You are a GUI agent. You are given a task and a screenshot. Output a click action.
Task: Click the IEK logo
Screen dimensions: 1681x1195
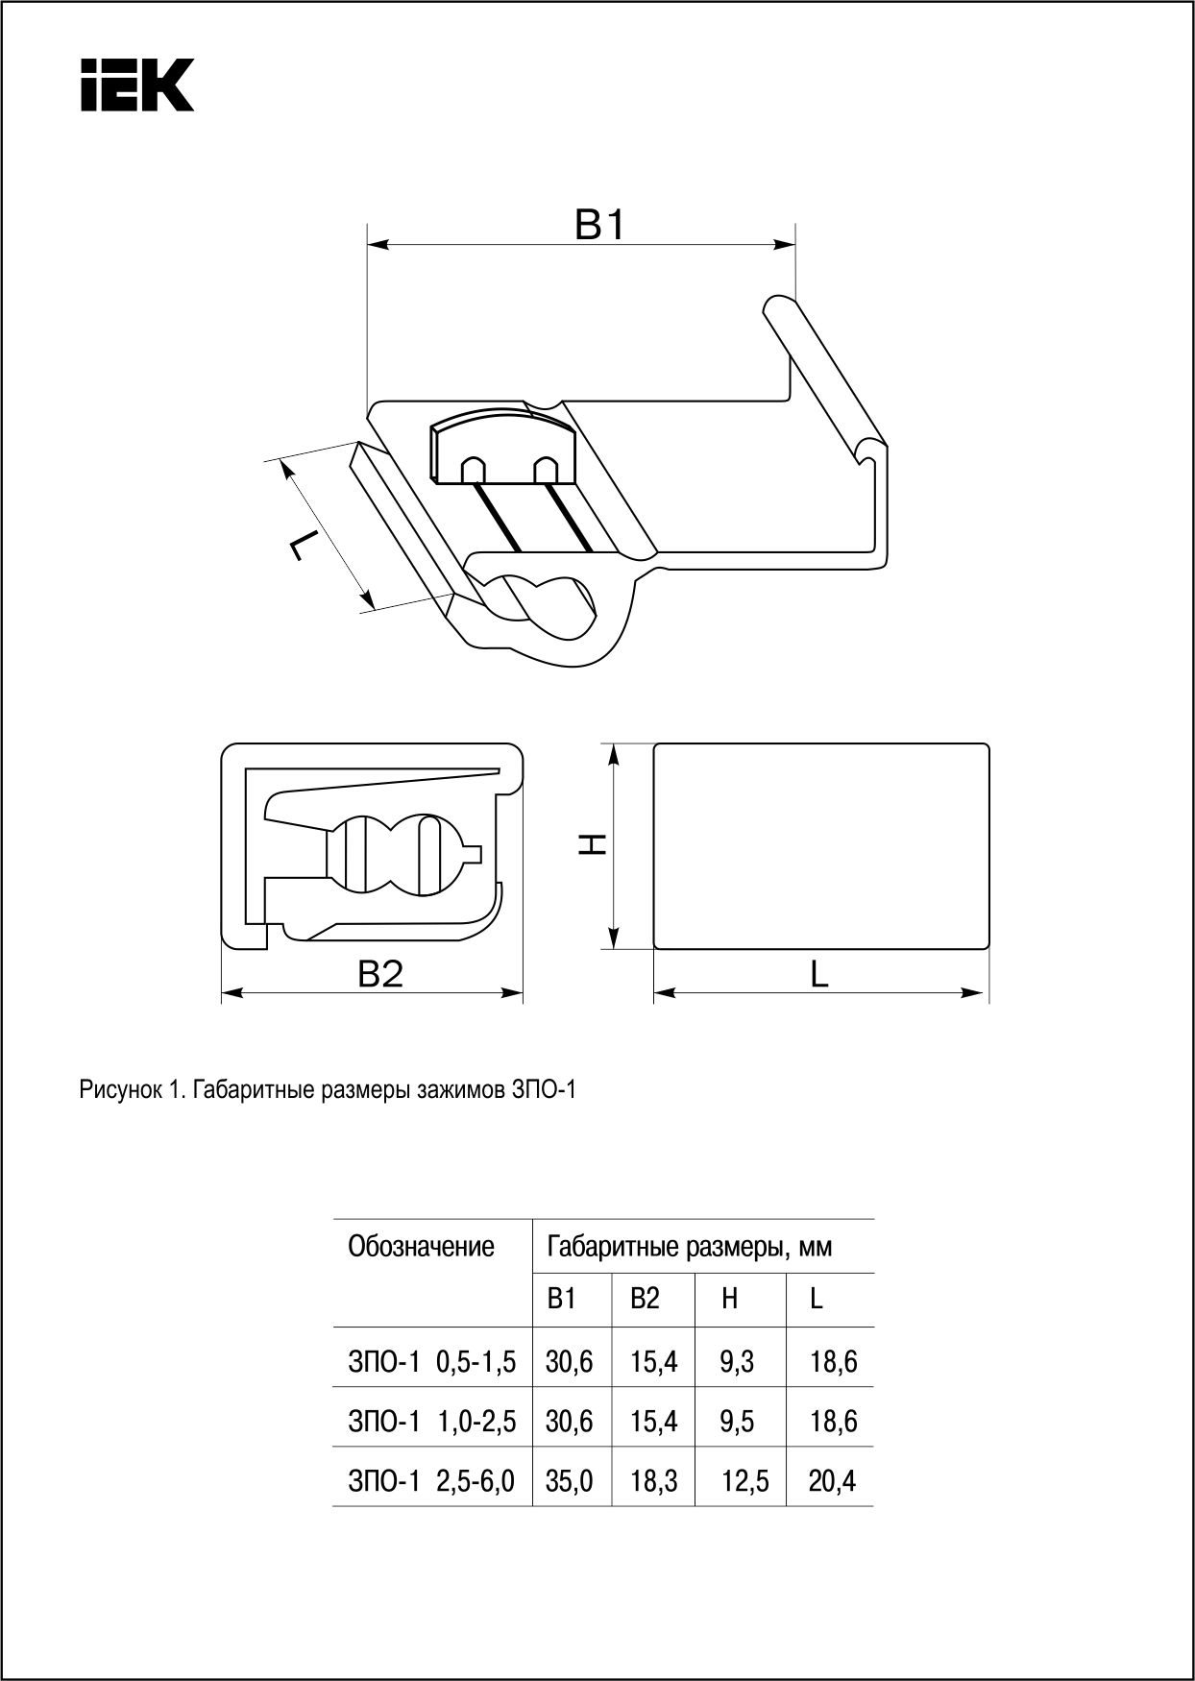pyautogui.click(x=137, y=85)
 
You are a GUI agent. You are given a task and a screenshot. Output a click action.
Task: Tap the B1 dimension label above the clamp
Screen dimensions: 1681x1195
pyautogui.click(x=600, y=226)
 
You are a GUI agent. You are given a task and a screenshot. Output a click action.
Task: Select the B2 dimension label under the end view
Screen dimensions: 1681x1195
pyautogui.click(x=380, y=974)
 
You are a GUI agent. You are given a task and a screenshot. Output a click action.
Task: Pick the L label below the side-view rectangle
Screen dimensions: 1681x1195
pyautogui.click(x=818, y=974)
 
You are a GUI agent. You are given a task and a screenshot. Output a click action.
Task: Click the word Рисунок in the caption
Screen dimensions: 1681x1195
pyautogui.click(x=119, y=1090)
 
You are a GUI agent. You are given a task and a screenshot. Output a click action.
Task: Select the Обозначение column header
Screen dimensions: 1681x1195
pyautogui.click(x=421, y=1247)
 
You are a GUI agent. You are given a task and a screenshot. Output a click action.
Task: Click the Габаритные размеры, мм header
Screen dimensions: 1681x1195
pyautogui.click(x=689, y=1247)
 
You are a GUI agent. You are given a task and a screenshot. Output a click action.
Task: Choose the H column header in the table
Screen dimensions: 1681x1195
pyautogui.click(x=730, y=1299)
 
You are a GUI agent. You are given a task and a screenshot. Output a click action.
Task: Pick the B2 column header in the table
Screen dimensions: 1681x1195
pyautogui.click(x=646, y=1299)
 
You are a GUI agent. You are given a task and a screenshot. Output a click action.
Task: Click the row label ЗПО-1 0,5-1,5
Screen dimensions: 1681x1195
pyautogui.click(x=431, y=1361)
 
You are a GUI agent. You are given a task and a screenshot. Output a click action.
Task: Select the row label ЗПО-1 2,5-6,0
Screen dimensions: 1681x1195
pyautogui.click(x=431, y=1481)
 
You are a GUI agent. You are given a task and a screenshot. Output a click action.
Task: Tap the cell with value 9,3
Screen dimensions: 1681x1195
pyautogui.click(x=737, y=1361)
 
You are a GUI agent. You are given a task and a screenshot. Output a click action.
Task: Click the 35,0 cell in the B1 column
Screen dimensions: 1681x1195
pyautogui.click(x=570, y=1481)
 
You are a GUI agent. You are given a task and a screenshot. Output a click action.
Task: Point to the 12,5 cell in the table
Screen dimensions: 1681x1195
pyautogui.click(x=745, y=1481)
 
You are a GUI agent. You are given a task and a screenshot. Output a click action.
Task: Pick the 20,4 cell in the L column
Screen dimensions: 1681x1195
pyautogui.click(x=832, y=1481)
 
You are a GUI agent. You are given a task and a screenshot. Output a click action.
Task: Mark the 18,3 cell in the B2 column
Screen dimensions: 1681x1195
pyautogui.click(x=654, y=1481)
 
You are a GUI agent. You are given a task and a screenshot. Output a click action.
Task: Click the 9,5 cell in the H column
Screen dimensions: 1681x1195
pyautogui.click(x=737, y=1421)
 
